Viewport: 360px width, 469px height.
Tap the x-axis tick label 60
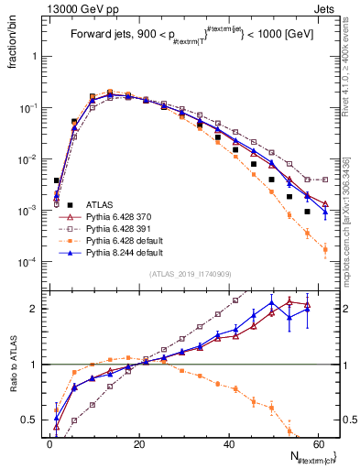point(319,444)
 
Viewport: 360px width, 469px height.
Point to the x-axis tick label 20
point(139,444)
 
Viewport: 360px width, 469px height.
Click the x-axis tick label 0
point(49,444)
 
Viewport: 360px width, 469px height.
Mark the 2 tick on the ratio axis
point(37,309)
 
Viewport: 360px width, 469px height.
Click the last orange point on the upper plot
point(325,248)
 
